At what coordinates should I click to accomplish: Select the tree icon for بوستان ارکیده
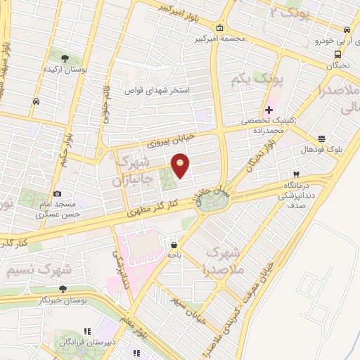pyautogui.click(x=65, y=58)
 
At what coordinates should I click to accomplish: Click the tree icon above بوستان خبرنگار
pyautogui.click(x=63, y=288)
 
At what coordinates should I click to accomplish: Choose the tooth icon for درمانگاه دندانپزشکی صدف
pyautogui.click(x=297, y=173)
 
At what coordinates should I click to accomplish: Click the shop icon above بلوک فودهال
pyautogui.click(x=321, y=139)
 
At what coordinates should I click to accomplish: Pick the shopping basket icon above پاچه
pyautogui.click(x=174, y=245)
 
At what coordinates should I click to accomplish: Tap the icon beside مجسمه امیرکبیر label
pyautogui.click(x=220, y=28)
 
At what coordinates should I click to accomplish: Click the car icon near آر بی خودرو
pyautogui.click(x=347, y=30)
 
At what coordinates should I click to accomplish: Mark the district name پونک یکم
pyautogui.click(x=250, y=82)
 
